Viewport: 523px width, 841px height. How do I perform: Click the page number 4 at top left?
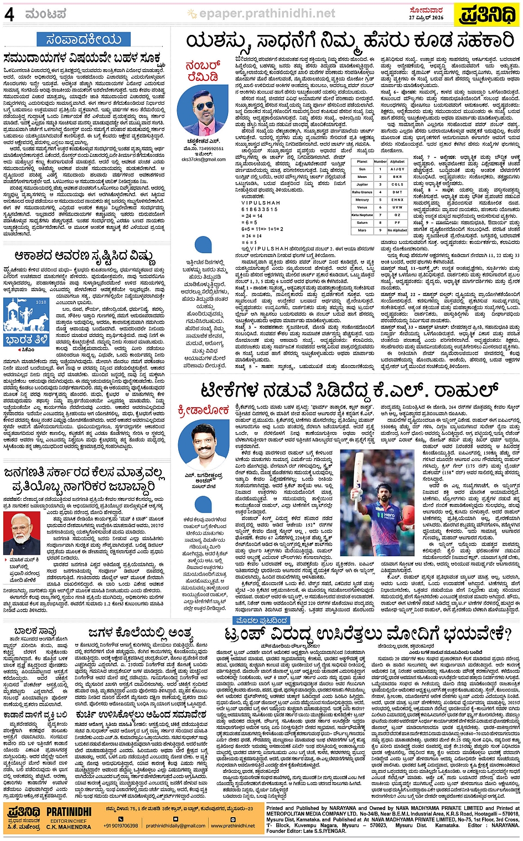9,14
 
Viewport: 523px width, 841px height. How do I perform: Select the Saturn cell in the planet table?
362,223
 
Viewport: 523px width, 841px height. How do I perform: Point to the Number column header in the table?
380,161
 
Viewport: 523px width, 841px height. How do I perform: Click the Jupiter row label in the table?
362,184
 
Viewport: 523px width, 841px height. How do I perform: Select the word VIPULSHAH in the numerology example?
261,203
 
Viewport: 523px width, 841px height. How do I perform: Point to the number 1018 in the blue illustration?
41,302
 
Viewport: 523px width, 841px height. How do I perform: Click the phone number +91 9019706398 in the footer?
120,825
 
